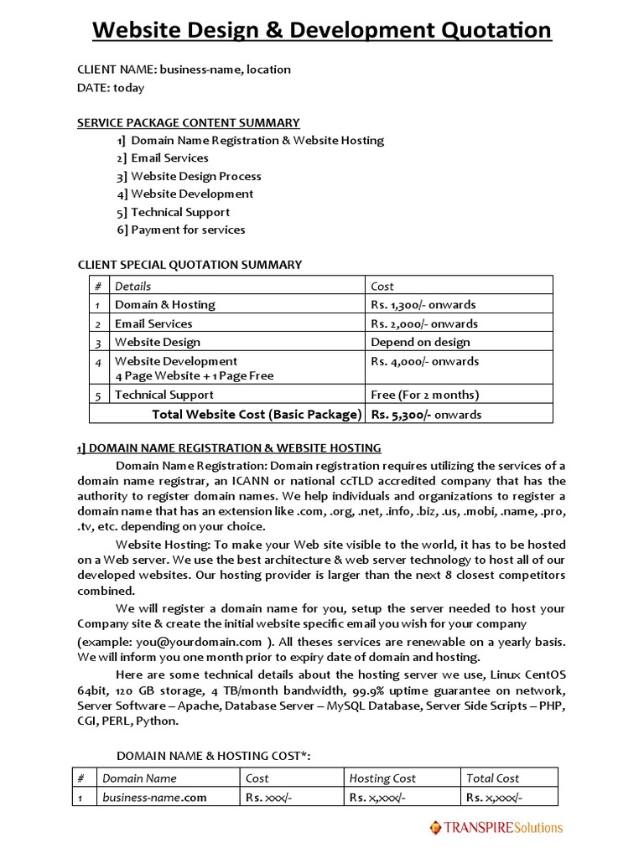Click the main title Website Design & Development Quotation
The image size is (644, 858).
(x=321, y=30)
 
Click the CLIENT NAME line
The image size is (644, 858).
(x=184, y=70)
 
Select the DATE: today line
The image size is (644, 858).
(x=111, y=87)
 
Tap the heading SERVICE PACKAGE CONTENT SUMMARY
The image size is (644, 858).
(x=189, y=122)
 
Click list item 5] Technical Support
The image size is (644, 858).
(x=174, y=212)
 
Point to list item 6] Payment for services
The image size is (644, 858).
(x=181, y=230)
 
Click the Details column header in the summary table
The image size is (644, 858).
(x=132, y=286)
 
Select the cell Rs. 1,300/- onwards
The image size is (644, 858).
(x=423, y=304)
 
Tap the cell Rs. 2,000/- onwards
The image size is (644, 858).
(x=424, y=323)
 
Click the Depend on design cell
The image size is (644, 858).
(x=420, y=342)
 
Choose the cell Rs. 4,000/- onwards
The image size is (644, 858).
(x=424, y=361)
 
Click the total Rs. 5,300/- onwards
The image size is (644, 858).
(x=426, y=414)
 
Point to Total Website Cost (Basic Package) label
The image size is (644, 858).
(x=257, y=414)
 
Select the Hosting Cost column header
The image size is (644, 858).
(x=382, y=778)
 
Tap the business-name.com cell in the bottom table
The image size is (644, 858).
(x=154, y=797)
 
